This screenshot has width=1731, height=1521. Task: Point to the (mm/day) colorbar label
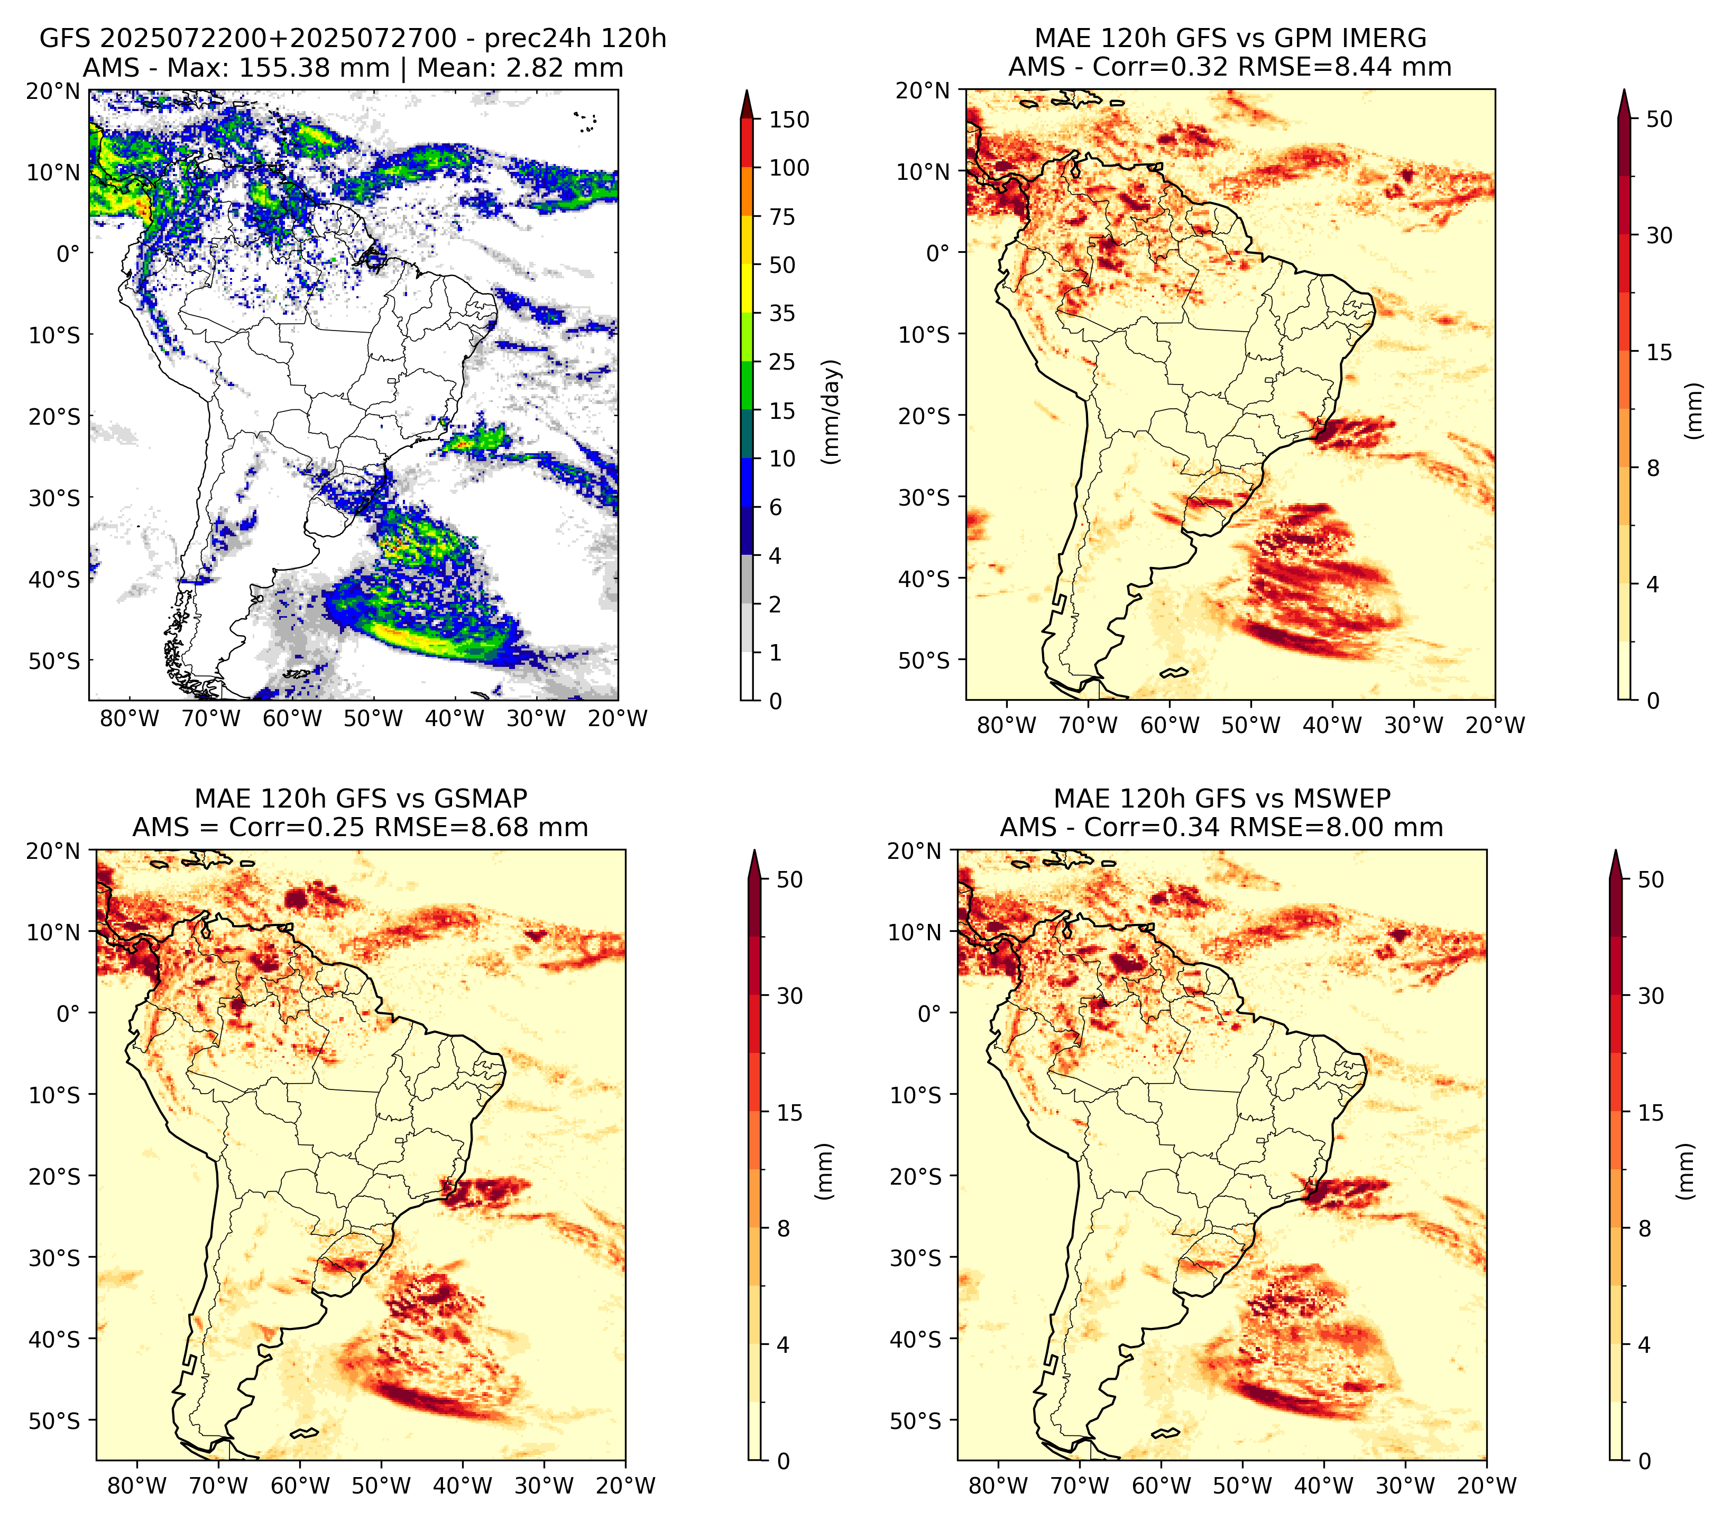pos(833,411)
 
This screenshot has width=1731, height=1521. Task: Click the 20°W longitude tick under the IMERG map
pos(1495,726)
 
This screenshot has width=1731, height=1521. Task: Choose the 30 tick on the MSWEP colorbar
pos(1651,996)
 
